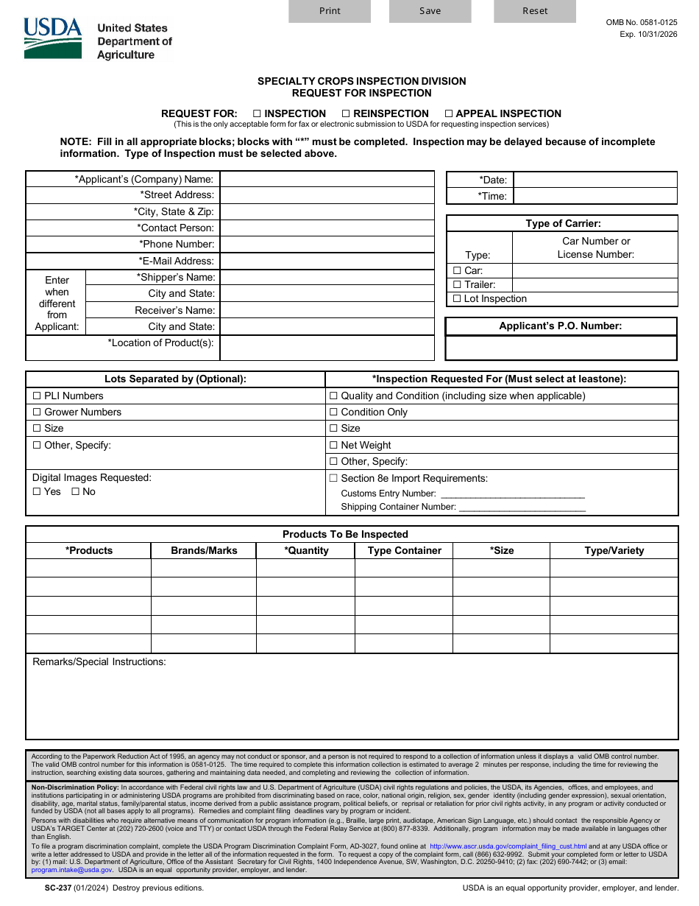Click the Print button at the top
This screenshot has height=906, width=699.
330,11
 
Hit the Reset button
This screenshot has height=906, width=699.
535,11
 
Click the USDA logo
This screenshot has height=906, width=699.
53,38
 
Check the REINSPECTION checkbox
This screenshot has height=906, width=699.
346,114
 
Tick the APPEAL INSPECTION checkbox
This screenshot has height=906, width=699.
449,114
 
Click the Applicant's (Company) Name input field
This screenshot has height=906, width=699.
327,179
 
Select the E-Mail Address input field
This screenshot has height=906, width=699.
327,261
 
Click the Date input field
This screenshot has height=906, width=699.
595,180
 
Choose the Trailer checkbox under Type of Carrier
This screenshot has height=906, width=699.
457,285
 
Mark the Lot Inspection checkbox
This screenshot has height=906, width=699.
457,299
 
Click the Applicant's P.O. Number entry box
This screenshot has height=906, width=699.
561,348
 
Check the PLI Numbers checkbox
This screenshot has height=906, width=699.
37,396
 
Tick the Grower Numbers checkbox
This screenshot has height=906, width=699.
37,412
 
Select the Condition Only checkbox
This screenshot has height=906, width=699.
333,412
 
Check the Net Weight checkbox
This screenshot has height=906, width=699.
333,446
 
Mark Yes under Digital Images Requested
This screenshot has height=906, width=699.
37,492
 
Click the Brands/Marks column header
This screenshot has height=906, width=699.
204,551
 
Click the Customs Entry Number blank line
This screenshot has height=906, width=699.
512,494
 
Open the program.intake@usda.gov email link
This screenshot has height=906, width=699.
72,870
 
